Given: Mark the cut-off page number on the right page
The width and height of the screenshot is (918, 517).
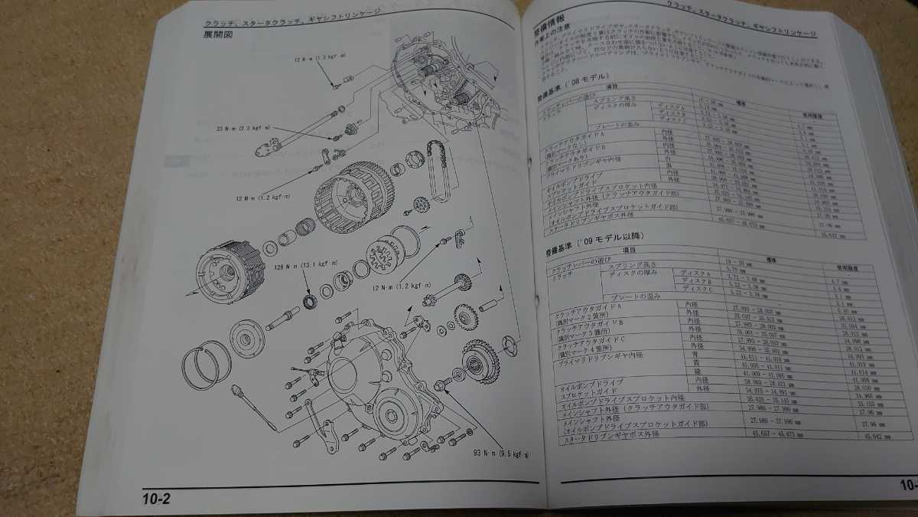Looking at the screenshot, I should point(907,484).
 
